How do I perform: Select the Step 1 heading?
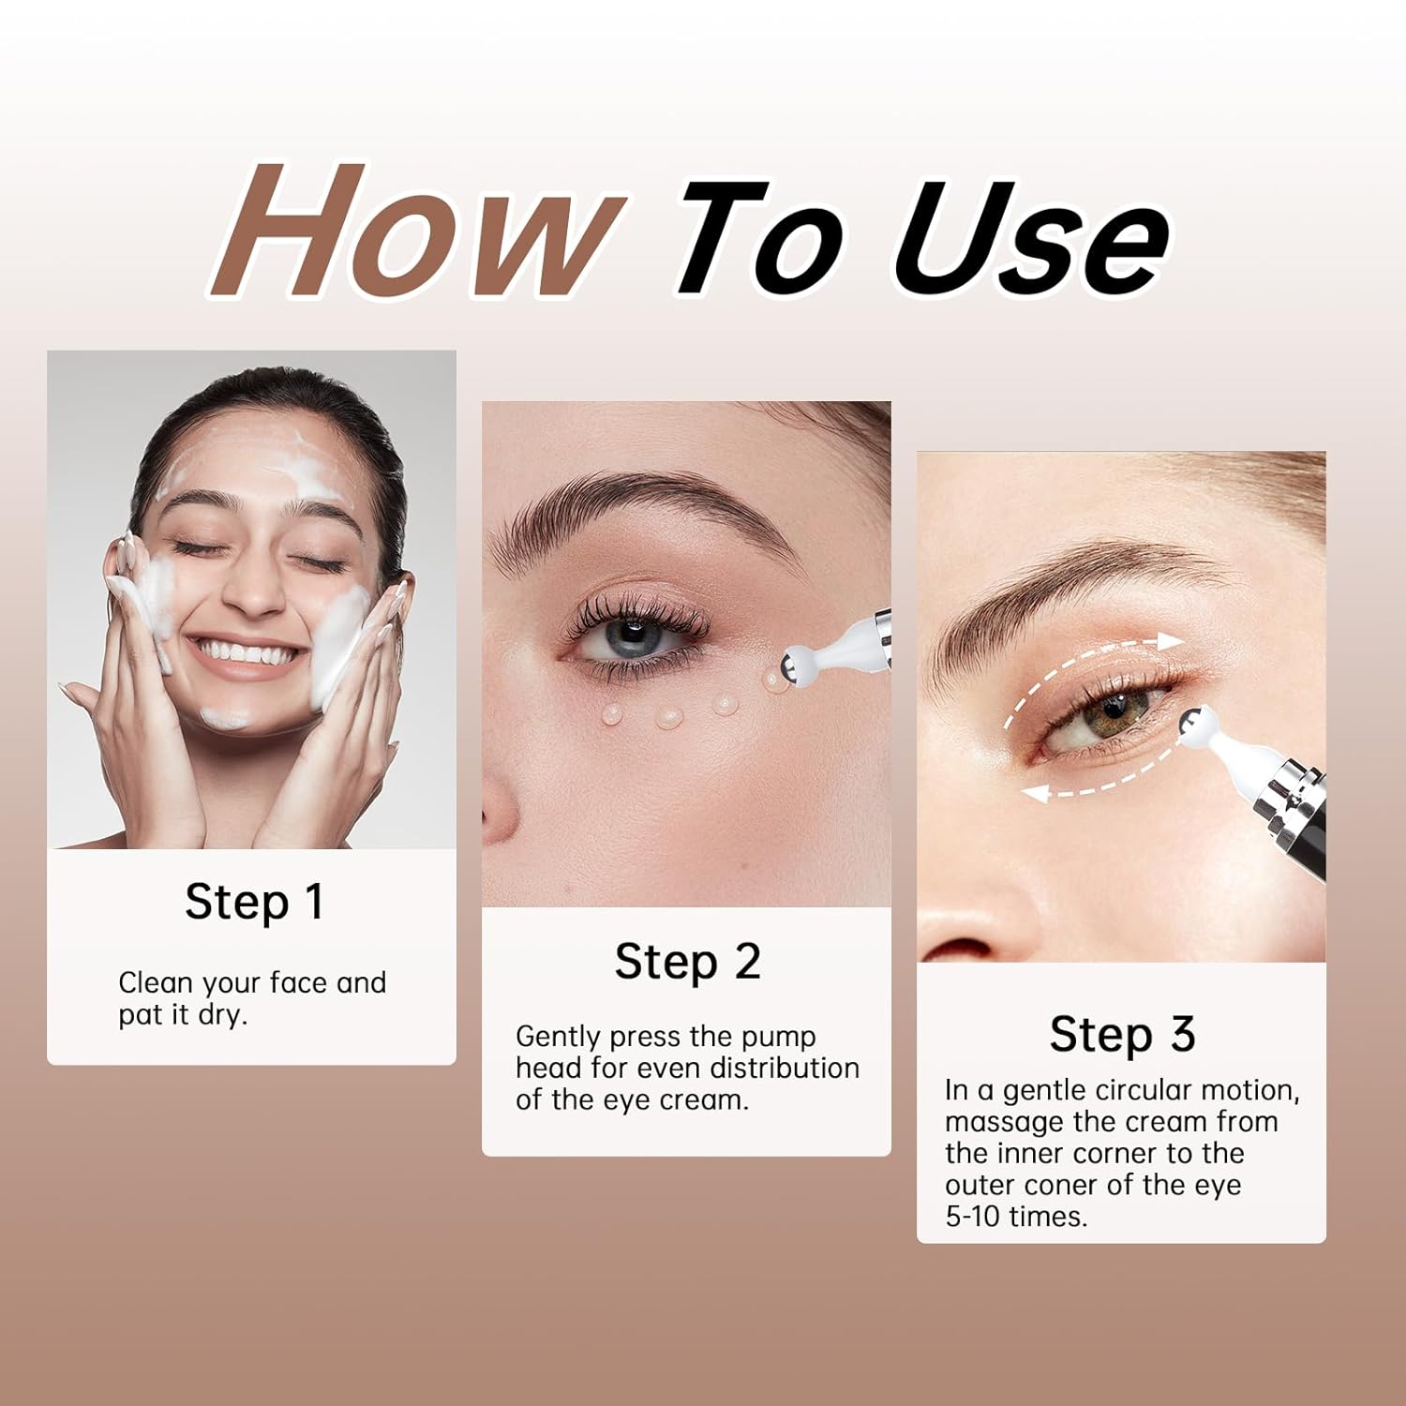254,902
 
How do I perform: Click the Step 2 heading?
687,961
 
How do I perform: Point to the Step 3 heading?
1122,1034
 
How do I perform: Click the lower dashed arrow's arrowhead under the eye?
1035,794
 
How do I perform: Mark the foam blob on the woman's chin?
225,720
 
